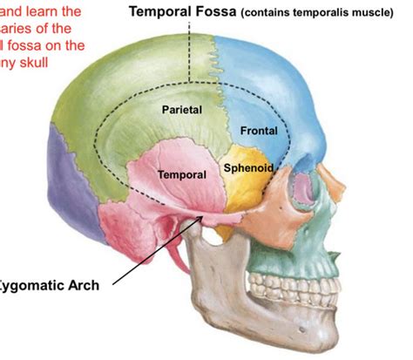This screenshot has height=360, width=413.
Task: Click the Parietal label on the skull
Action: point(181,110)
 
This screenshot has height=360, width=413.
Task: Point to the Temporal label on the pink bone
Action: point(182,174)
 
